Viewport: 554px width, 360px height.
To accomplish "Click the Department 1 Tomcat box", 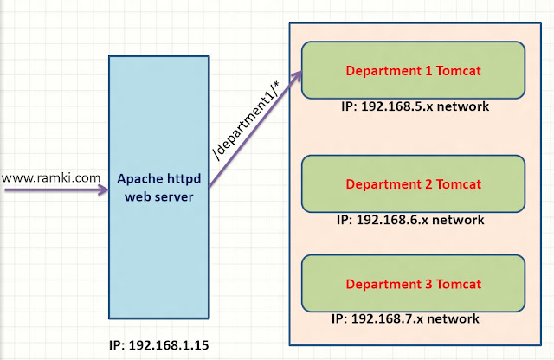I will pos(413,69).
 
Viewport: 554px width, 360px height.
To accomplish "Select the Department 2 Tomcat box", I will pos(413,183).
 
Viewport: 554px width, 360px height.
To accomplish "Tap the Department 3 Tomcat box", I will pos(413,283).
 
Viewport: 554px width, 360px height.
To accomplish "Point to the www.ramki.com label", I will pos(51,178).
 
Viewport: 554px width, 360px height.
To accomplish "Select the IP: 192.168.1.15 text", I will pos(158,345).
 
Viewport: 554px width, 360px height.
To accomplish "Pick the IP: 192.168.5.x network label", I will pos(415,107).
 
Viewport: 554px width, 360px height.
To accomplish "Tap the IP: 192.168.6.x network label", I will pos(410,220).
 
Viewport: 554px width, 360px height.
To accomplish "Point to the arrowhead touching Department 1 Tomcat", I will pos(297,76).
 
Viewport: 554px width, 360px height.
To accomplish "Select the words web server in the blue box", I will pos(157,197).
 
